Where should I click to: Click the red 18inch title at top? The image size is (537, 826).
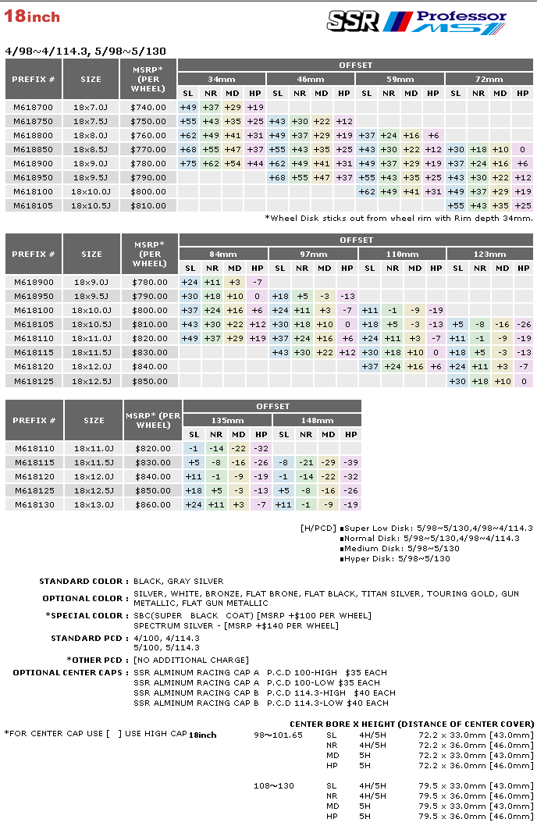click(x=32, y=16)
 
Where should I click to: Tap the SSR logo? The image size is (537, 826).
click(x=353, y=20)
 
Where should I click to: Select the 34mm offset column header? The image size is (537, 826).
click(x=222, y=80)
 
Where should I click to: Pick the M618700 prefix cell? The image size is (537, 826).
click(x=34, y=107)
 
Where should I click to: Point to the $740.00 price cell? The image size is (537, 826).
click(x=149, y=107)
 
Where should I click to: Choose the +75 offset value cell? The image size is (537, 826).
click(x=188, y=163)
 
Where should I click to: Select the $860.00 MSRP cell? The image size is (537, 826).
click(x=153, y=504)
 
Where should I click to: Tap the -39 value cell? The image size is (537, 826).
click(x=350, y=462)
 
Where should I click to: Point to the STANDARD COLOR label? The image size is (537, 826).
click(x=81, y=582)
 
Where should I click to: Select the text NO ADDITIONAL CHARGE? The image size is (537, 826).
click(x=191, y=660)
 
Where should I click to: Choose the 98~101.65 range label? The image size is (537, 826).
click(x=278, y=735)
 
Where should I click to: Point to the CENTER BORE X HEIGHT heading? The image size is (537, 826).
click(x=411, y=724)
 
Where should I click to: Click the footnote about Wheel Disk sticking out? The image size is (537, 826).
click(x=398, y=219)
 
